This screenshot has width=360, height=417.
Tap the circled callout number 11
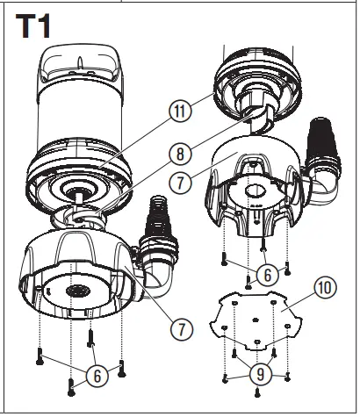pos(180,112)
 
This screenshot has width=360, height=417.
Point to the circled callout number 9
pos(260,371)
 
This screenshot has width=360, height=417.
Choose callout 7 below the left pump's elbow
pos(182,329)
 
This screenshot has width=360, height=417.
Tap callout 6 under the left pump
pos(97,375)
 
